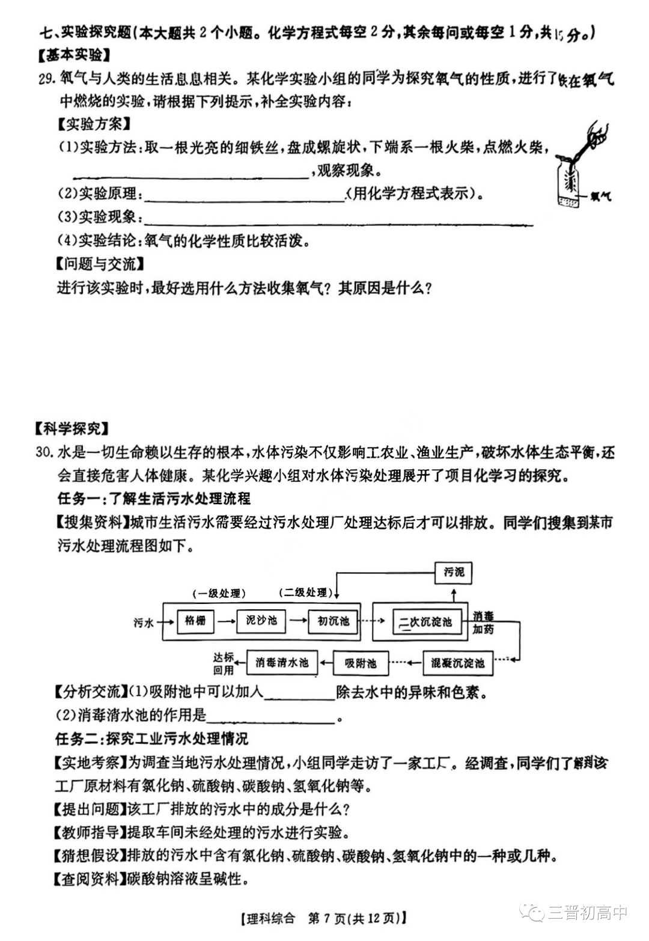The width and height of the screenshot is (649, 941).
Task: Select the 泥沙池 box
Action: tap(261, 621)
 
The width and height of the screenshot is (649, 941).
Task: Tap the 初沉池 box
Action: tap(332, 621)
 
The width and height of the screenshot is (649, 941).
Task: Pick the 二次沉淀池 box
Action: tap(427, 622)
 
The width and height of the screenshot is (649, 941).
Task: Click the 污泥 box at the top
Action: tap(454, 572)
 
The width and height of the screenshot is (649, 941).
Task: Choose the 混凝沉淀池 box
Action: tap(457, 663)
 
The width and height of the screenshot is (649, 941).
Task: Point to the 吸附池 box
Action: tap(361, 663)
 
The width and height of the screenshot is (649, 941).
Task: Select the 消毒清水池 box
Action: tap(282, 663)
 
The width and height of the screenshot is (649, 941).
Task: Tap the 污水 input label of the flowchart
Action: tap(144, 623)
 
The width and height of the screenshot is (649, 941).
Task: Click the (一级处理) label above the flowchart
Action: tap(219, 594)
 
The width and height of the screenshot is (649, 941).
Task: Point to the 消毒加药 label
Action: tap(483, 623)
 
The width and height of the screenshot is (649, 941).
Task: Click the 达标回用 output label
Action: tap(223, 663)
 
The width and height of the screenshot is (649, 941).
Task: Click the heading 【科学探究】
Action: tap(72, 428)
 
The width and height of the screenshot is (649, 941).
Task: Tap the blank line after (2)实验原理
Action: tap(244, 196)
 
